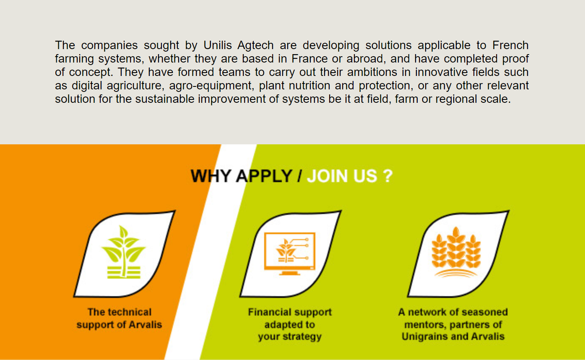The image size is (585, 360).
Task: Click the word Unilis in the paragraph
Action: coord(218,45)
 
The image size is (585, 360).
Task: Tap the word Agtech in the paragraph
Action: coord(255,45)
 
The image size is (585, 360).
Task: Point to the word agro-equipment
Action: coord(211,86)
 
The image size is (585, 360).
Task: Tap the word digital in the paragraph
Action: coord(87,86)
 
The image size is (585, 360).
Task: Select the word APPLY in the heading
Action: coord(264,176)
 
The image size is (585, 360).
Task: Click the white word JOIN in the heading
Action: coord(328,176)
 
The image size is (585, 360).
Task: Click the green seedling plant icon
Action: coord(124,252)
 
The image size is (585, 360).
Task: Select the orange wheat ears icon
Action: coord(456,252)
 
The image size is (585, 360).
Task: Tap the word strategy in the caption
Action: coord(302,337)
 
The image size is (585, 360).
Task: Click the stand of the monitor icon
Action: coord(290,273)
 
